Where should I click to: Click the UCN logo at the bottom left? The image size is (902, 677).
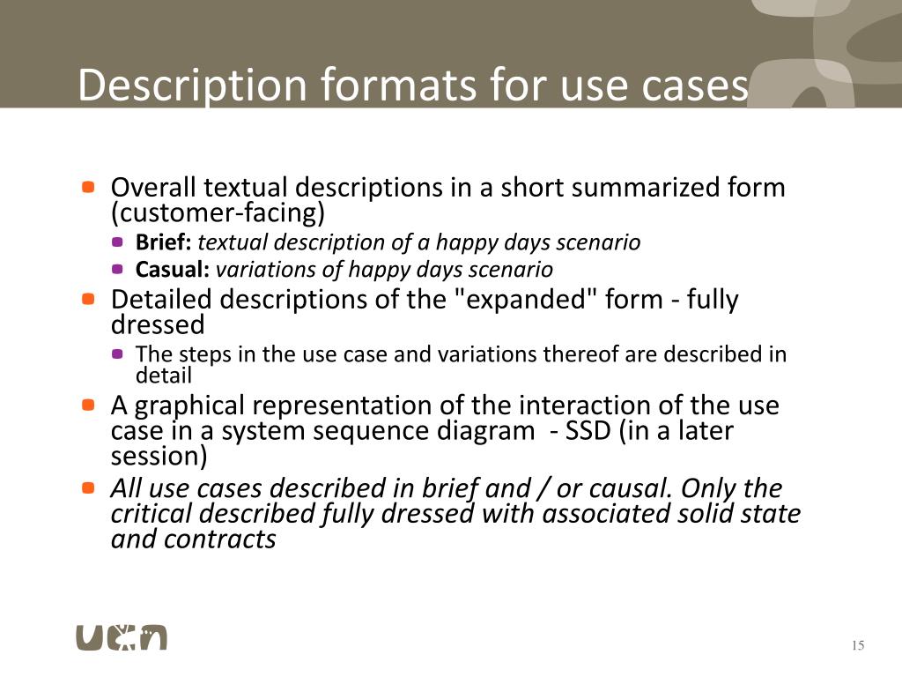click(x=121, y=636)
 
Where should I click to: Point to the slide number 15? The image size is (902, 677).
click(x=858, y=646)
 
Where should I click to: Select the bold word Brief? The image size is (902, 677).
click(x=164, y=242)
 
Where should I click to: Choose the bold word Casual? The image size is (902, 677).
click(x=173, y=269)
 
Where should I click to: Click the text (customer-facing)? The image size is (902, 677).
click(x=218, y=212)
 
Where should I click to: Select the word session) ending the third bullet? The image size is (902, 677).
click(x=159, y=457)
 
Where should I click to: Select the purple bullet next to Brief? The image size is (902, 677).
click(x=118, y=242)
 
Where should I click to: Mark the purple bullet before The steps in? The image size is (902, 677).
click(x=118, y=354)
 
